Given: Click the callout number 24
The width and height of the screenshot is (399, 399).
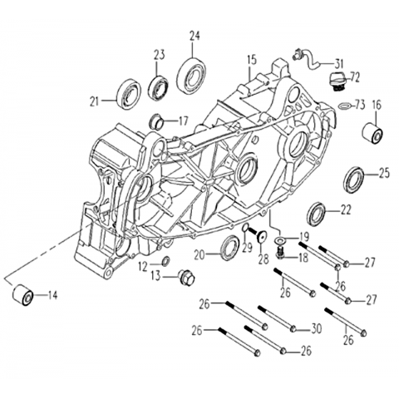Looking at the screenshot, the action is [x=195, y=37].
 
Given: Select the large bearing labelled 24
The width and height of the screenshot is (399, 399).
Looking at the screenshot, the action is [x=192, y=73].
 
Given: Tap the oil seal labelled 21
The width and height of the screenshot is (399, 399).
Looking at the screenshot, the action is [x=129, y=94].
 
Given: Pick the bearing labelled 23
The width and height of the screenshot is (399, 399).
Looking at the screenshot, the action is [x=158, y=86].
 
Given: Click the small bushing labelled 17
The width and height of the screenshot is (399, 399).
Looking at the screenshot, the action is [x=155, y=122].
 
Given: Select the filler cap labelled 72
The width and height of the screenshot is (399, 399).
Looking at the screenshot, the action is [x=338, y=82].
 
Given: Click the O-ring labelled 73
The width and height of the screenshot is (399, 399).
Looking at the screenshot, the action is [x=344, y=106].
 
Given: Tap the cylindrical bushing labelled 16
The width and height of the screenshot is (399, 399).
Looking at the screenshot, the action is [x=372, y=132].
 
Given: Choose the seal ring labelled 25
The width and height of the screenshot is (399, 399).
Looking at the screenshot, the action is [x=353, y=180].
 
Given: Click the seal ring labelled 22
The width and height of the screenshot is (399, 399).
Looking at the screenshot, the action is [x=316, y=214].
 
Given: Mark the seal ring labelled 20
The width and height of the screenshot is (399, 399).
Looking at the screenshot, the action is [x=229, y=248].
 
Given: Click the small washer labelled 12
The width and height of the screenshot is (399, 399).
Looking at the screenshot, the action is [x=165, y=261].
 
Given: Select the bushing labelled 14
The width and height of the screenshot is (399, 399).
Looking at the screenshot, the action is [x=23, y=295].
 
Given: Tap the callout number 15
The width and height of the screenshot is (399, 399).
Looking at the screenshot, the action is [x=252, y=61].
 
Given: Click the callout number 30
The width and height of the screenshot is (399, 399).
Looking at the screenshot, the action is [x=316, y=329].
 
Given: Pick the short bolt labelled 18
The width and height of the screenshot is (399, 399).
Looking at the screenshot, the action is [x=281, y=254].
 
